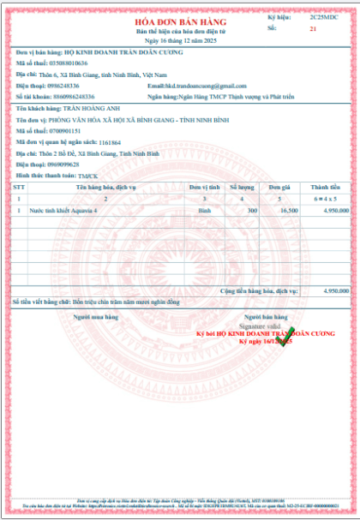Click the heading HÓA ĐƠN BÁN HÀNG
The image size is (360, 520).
[x=180, y=20]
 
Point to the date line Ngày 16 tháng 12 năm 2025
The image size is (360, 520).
[x=180, y=40]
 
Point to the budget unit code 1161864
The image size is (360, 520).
[x=110, y=142]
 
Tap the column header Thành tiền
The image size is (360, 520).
[x=326, y=186]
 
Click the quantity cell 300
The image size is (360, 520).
[x=251, y=209]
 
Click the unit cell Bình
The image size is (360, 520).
[x=204, y=209]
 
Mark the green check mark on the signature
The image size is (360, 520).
[x=290, y=332]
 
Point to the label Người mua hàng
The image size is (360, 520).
[x=94, y=316]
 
